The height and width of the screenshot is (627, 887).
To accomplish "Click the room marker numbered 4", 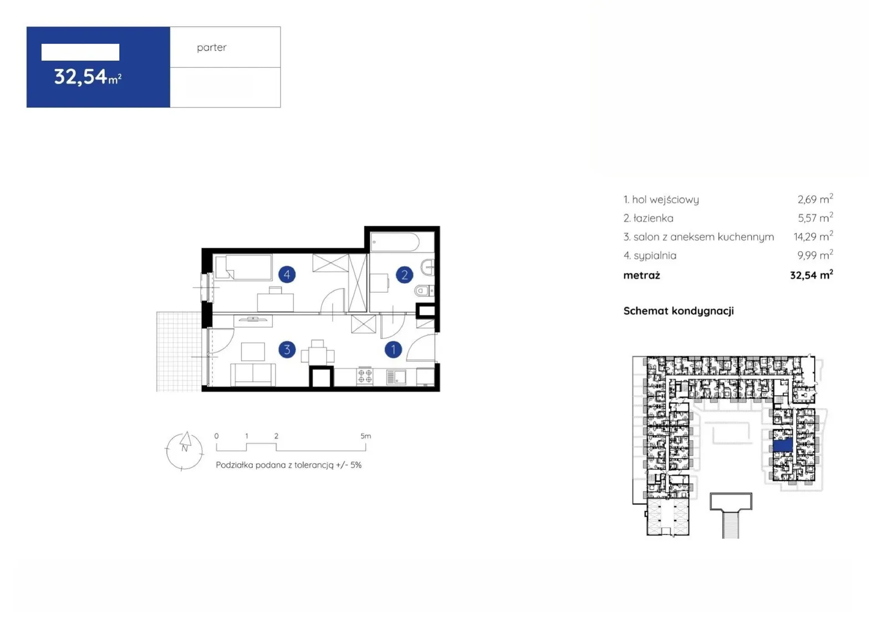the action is click(x=287, y=274).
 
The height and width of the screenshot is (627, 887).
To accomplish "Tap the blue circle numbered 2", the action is click(x=405, y=275).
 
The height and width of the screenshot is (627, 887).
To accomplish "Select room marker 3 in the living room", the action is click(x=287, y=350).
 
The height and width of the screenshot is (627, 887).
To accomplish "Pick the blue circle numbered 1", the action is click(x=393, y=349).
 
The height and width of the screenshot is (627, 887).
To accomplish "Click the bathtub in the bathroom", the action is click(x=395, y=242).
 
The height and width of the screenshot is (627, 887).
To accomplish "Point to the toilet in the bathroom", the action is click(x=424, y=290).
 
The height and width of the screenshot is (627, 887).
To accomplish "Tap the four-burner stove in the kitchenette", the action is click(x=365, y=376).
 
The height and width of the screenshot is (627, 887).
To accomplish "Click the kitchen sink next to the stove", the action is click(x=396, y=376).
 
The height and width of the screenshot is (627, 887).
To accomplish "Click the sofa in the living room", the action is click(x=253, y=374).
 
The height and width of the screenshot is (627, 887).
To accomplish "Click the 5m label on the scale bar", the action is click(x=366, y=436).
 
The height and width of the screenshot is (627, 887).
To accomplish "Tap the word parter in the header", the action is click(x=212, y=48).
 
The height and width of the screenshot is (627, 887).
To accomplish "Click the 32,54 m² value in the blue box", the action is click(x=88, y=77).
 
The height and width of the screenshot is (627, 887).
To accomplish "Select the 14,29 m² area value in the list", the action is click(x=813, y=236).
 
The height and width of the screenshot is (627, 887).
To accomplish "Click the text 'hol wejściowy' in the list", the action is click(x=665, y=200).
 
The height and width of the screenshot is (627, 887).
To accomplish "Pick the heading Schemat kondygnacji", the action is click(x=679, y=311).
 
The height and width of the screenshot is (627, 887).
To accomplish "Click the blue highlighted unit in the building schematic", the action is click(x=783, y=445).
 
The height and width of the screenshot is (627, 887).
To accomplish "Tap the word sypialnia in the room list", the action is click(x=655, y=256).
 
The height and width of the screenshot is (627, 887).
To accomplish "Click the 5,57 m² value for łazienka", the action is click(x=815, y=217).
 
